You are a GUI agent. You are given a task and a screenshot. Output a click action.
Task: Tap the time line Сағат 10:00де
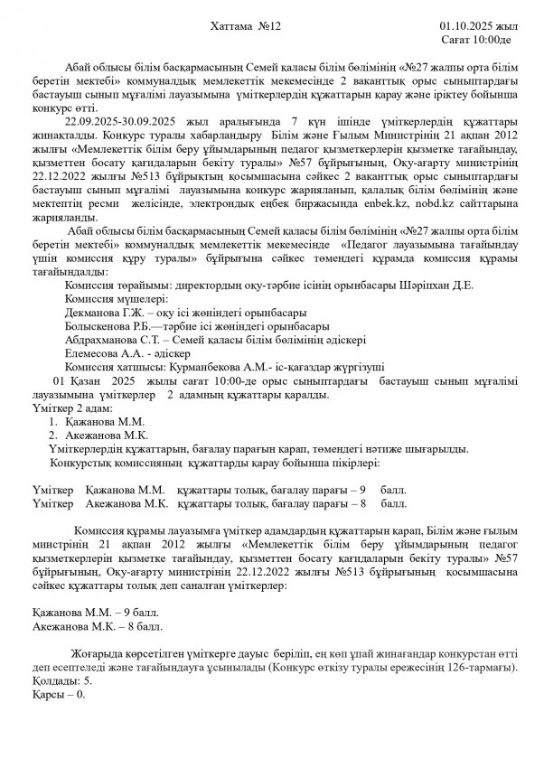pyautogui.click(x=476, y=42)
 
